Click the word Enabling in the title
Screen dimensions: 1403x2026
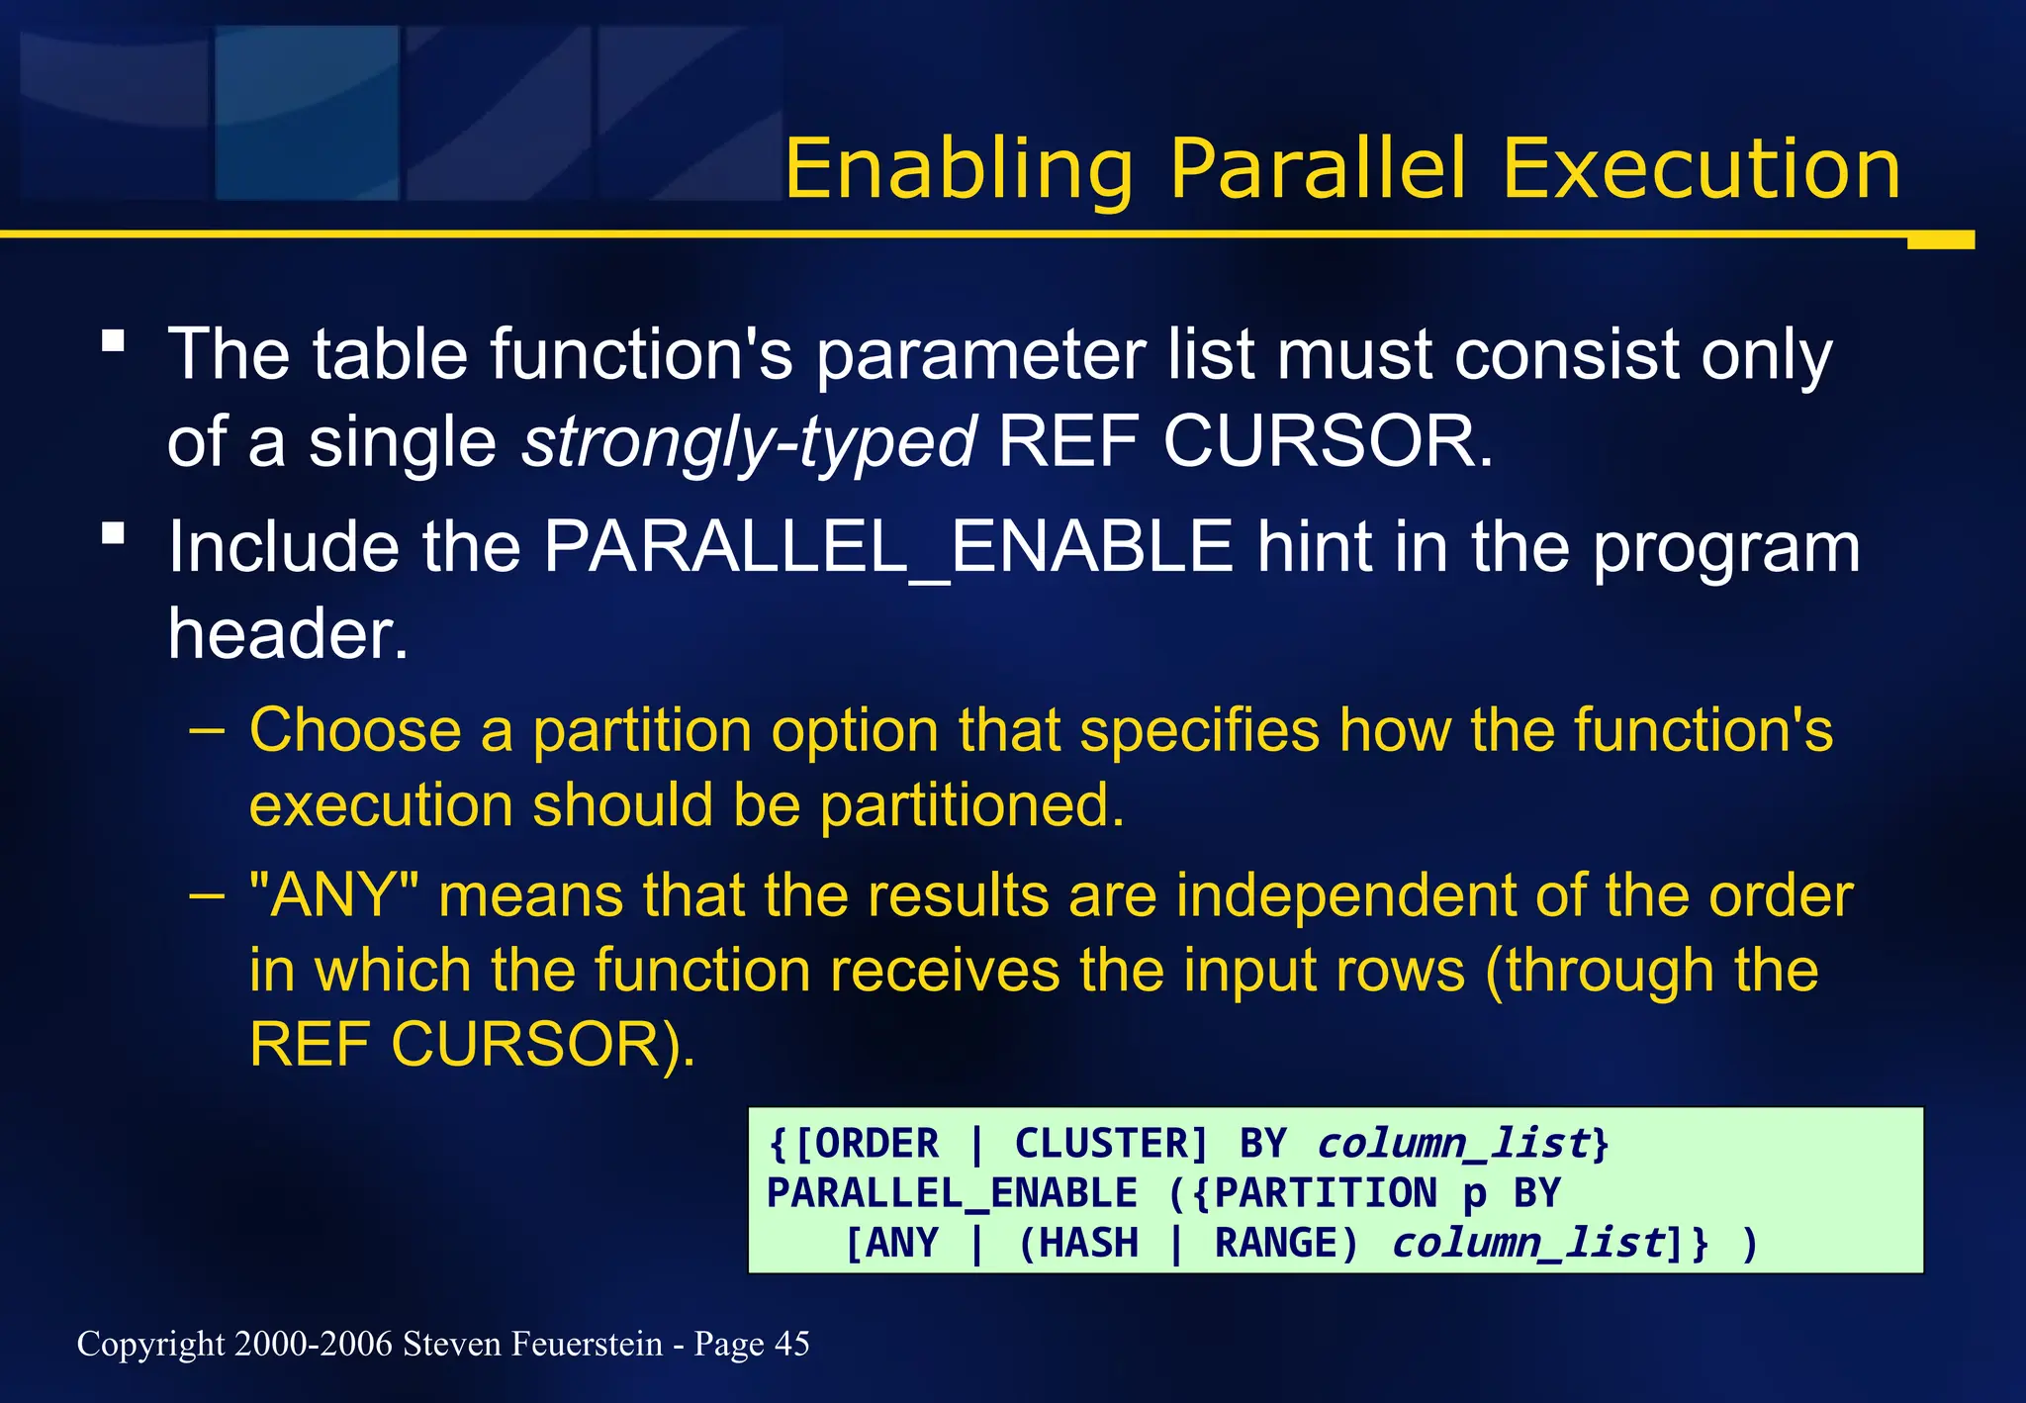tap(958, 170)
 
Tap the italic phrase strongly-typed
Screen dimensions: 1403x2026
tap(749, 441)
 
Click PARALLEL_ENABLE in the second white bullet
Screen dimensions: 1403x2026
tap(887, 546)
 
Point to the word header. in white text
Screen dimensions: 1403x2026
tap(287, 633)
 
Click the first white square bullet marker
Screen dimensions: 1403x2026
tap(114, 341)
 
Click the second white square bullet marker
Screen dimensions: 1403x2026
tap(114, 534)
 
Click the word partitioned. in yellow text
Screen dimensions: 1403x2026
tap(971, 804)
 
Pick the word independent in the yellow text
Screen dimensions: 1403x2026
tap(1345, 895)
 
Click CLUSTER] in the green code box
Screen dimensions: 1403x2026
tap(1111, 1144)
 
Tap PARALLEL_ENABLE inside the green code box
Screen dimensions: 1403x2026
tap(952, 1193)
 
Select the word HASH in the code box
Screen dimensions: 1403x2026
tap(1089, 1243)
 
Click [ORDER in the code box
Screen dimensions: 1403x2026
tap(866, 1144)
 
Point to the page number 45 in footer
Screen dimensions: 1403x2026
tap(791, 1344)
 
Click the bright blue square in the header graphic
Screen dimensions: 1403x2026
tap(307, 113)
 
